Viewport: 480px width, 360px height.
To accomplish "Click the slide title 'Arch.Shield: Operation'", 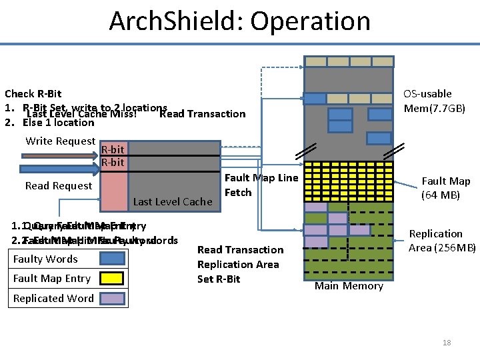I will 240,21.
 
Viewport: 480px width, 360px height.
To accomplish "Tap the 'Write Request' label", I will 60,141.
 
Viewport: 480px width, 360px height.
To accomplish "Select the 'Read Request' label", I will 59,185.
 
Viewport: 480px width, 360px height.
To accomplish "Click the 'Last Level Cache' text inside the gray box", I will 173,201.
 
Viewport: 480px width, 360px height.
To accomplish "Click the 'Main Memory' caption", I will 349,286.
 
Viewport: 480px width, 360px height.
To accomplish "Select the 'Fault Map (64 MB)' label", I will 445,187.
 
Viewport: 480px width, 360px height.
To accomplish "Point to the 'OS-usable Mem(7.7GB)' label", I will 434,101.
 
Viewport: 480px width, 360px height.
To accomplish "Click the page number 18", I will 446,343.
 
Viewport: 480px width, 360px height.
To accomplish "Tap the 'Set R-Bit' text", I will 219,279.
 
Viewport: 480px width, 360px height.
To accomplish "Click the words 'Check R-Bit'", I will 33,94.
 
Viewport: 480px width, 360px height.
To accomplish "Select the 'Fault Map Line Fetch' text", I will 261,185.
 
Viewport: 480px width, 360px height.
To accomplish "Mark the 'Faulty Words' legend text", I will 45,259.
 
